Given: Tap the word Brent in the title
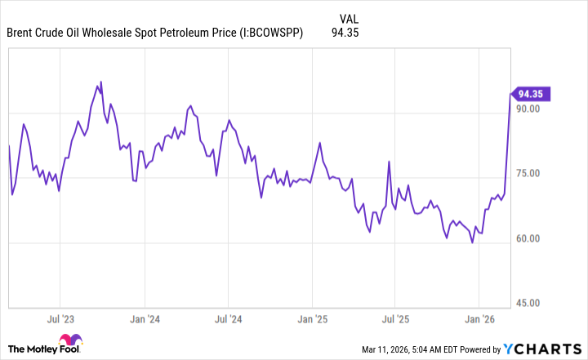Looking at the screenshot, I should click(21, 33).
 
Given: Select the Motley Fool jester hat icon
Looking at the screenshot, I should click(71, 344).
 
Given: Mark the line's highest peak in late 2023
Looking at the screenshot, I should click(100, 82).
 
